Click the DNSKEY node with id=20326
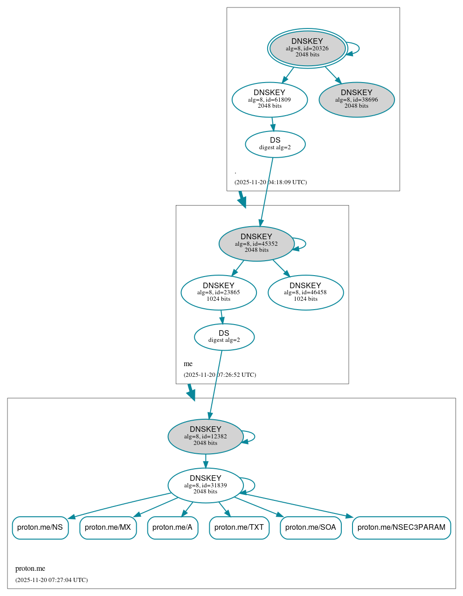tap(307, 48)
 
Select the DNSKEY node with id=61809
tap(270, 99)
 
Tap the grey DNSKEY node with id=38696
tap(357, 99)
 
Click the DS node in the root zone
tap(275, 144)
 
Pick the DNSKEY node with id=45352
tap(256, 243)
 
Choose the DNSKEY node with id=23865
tap(219, 292)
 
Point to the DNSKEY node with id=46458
tap(305, 292)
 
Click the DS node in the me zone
tap(224, 337)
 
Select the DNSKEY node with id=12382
tap(206, 437)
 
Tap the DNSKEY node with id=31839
tap(206, 485)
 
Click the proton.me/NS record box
tap(40, 527)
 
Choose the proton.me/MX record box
tap(108, 527)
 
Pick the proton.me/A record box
tap(173, 527)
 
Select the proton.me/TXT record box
tap(239, 527)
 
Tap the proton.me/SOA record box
tap(311, 527)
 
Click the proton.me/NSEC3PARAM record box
tap(401, 527)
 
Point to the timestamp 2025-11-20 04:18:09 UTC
tap(270, 182)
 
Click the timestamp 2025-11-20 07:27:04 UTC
tap(51, 580)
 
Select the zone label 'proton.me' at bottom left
tap(30, 568)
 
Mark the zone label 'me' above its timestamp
tap(188, 364)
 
